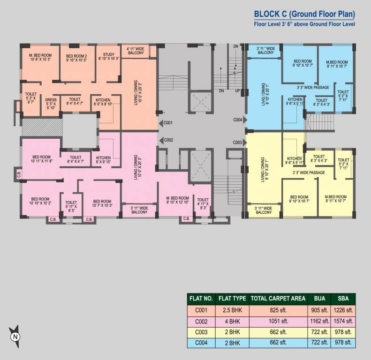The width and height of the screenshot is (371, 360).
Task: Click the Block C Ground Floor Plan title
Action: (304, 14)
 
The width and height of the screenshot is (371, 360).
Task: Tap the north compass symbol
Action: (15, 336)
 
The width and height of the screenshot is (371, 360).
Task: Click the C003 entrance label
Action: (238, 142)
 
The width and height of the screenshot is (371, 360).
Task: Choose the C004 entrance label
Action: (238, 120)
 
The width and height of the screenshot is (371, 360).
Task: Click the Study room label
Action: (108, 57)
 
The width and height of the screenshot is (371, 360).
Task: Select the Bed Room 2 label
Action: (76, 57)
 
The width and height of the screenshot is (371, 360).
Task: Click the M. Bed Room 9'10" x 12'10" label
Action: (177, 201)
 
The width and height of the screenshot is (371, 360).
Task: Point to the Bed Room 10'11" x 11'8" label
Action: (42, 159)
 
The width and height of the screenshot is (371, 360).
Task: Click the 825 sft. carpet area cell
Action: (278, 309)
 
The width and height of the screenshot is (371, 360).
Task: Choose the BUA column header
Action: (319, 298)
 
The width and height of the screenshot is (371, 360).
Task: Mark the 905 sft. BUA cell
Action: (319, 309)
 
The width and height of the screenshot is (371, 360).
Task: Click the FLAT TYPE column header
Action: (233, 298)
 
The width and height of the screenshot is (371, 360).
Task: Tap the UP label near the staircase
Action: (237, 90)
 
